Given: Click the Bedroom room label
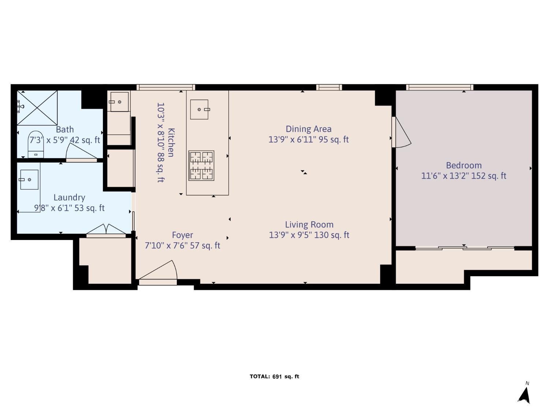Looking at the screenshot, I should click(463, 165).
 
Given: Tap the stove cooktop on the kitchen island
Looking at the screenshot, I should click(201, 165).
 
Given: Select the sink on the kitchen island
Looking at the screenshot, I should click(199, 109).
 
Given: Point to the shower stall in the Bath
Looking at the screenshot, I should click(37, 108).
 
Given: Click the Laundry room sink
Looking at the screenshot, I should click(29, 179).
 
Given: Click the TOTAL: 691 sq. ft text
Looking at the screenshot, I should click(274, 376).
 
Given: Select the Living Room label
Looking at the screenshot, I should click(309, 224).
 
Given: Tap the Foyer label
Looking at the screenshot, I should click(182, 235).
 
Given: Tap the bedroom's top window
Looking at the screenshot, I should click(439, 87).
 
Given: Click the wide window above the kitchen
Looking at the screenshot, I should click(166, 87).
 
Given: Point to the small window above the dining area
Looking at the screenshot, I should click(329, 87).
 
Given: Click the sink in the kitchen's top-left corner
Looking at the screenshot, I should click(119, 102).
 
